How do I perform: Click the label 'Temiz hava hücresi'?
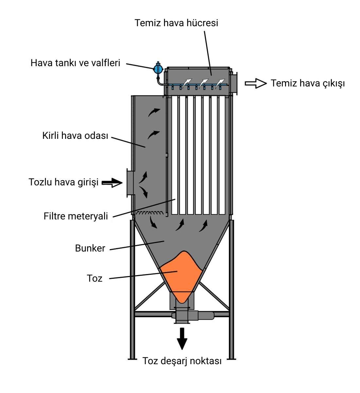(176, 23)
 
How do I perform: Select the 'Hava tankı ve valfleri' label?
(75, 63)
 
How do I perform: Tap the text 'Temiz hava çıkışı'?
(308, 83)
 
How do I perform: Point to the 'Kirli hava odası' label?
(75, 135)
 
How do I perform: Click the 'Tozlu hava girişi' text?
(63, 182)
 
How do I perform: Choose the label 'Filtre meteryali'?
(76, 216)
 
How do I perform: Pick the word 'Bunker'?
(90, 248)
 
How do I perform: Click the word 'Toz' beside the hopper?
(95, 278)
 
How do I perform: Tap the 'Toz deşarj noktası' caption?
(182, 361)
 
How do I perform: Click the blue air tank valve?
(158, 68)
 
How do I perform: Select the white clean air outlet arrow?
(256, 84)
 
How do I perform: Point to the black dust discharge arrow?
(182, 339)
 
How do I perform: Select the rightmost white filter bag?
(224, 156)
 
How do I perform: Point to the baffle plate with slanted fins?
(150, 213)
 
